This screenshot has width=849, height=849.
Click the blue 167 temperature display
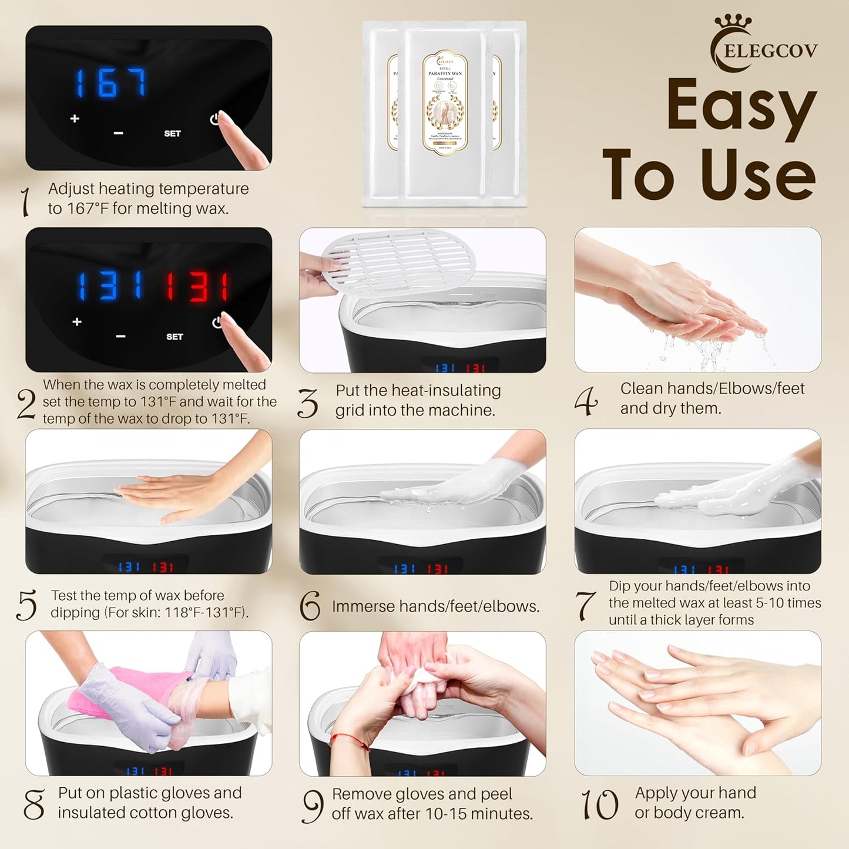[x=110, y=83]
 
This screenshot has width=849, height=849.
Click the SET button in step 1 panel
[x=172, y=133]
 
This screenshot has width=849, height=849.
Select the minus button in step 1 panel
[x=118, y=133]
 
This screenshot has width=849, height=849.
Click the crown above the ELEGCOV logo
[x=733, y=22]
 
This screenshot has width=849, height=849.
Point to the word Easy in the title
[x=741, y=104]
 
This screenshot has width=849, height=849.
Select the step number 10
[x=599, y=805]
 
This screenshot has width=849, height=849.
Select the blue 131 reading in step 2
[x=110, y=286]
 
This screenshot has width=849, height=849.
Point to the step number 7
[x=585, y=605]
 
